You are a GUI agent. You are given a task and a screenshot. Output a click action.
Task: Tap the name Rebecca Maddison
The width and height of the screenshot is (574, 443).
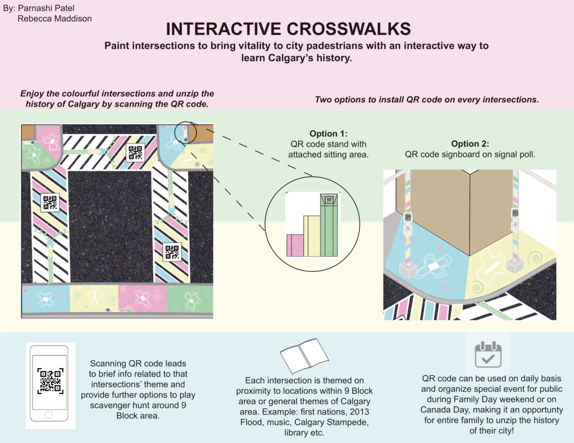click(54, 19)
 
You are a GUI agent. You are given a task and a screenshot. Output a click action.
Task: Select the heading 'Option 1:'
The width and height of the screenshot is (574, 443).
click(328, 133)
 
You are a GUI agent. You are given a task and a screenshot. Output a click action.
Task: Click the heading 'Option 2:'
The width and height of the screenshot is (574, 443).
click(470, 143)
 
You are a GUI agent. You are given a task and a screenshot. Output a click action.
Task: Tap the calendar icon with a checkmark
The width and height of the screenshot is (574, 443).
click(488, 354)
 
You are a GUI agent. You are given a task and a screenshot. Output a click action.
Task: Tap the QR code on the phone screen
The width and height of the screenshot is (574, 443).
click(50, 381)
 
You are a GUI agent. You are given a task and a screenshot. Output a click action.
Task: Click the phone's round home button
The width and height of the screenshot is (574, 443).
click(48, 415)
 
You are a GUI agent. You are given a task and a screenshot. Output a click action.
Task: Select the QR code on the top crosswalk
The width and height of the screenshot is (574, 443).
click(135, 153)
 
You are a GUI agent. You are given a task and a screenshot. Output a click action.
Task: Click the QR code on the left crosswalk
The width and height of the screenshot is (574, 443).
click(50, 202)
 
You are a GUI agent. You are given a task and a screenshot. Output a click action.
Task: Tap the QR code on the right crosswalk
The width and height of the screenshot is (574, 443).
click(172, 252)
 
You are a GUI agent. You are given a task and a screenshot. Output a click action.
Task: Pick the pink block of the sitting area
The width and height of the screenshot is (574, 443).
click(295, 245)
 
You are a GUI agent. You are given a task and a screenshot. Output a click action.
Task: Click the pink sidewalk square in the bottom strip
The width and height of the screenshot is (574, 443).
click(142, 298)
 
